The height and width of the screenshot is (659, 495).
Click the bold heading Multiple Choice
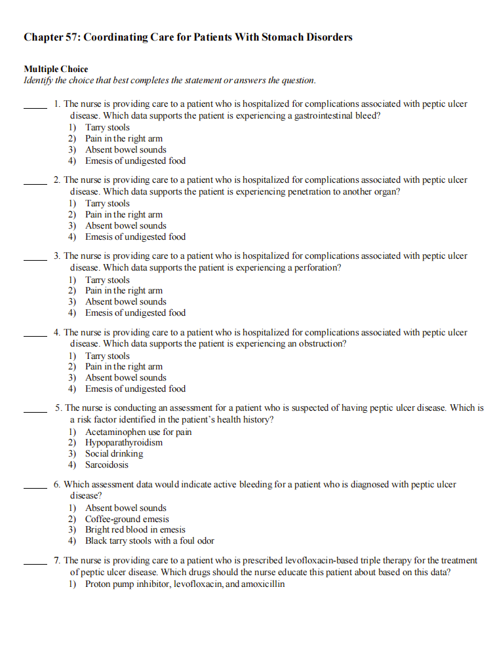coord(56,69)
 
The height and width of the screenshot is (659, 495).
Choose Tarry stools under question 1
coord(108,128)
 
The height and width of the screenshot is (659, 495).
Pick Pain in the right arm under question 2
coord(124,215)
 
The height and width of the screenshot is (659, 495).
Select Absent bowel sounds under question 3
coord(126,302)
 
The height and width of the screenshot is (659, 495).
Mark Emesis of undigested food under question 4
coord(135,388)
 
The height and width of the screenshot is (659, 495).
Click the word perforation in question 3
coord(317,268)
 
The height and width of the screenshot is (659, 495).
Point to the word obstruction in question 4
coord(321,344)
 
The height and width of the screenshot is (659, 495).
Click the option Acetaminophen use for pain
coord(138,432)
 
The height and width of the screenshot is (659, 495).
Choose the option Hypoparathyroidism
coord(124,443)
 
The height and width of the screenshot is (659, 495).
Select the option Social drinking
coord(114,454)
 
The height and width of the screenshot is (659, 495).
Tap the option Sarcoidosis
coord(107,465)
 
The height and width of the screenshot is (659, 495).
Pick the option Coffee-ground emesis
coord(127,519)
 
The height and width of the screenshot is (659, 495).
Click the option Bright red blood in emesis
coord(135,530)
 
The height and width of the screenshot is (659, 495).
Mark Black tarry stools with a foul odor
coord(149,541)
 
